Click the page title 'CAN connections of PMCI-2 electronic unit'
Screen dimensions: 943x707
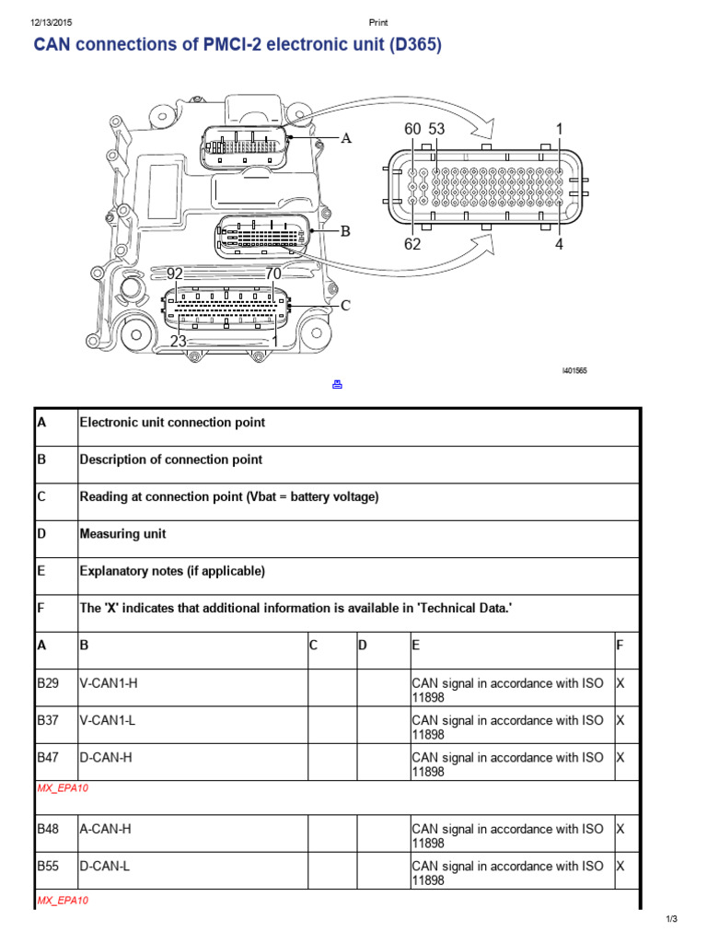coord(238,45)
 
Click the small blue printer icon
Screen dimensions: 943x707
coord(337,384)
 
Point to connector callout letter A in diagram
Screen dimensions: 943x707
coord(347,139)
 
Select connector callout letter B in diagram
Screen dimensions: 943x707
coord(346,232)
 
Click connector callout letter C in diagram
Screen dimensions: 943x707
coord(346,306)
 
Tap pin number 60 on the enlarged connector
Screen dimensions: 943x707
coord(412,130)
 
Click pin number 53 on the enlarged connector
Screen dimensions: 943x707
coord(435,130)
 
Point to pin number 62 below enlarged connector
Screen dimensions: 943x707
coord(412,244)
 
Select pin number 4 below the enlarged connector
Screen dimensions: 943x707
coord(559,244)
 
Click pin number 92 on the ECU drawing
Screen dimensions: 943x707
coord(175,274)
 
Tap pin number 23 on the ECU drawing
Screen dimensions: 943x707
coord(179,341)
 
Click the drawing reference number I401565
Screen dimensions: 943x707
coord(574,371)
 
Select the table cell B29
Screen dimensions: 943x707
coord(47,683)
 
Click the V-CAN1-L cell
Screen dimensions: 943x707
coord(108,720)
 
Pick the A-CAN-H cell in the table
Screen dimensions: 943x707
coord(106,829)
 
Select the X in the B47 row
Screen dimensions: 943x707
coord(620,757)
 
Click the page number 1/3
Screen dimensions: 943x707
coord(671,919)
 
